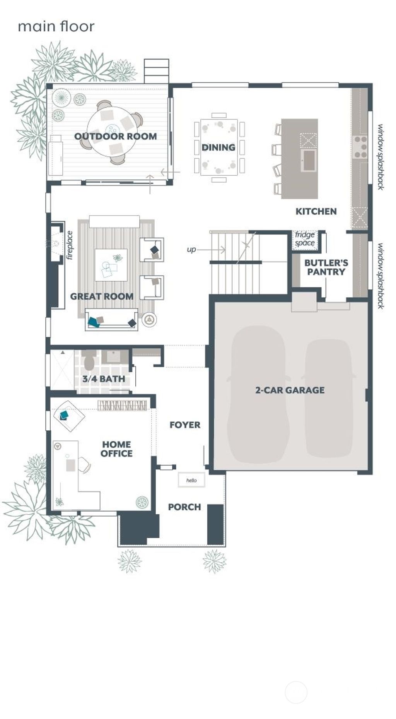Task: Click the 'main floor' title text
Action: pyautogui.click(x=56, y=26)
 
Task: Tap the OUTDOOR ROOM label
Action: pyautogui.click(x=115, y=136)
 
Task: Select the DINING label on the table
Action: pyautogui.click(x=218, y=147)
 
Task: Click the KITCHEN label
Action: pyautogui.click(x=316, y=211)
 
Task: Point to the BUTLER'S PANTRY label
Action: pyautogui.click(x=326, y=267)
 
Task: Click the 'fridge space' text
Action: pyautogui.click(x=305, y=239)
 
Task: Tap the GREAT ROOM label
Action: pyautogui.click(x=102, y=296)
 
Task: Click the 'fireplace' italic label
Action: pyautogui.click(x=70, y=245)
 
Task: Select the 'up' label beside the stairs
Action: pyautogui.click(x=191, y=250)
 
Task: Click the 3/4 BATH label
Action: pyautogui.click(x=104, y=379)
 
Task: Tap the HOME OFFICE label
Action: pyautogui.click(x=116, y=449)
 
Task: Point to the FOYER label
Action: pyautogui.click(x=185, y=425)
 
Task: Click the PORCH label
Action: pyautogui.click(x=184, y=507)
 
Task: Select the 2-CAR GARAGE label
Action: pyautogui.click(x=290, y=390)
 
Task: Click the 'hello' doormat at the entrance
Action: pyautogui.click(x=191, y=480)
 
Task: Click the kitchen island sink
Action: pyautogui.click(x=309, y=160)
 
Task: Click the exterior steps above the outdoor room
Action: pyautogui.click(x=156, y=71)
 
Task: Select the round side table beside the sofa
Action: pyautogui.click(x=149, y=320)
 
